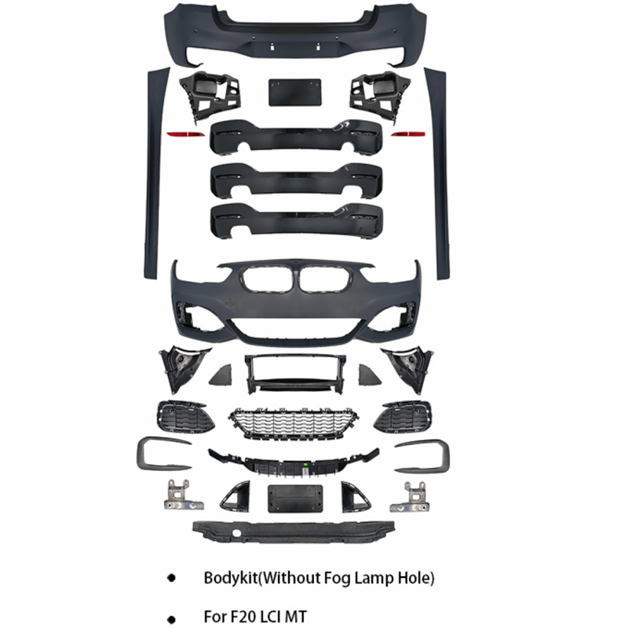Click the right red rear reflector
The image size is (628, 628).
(x=406, y=134)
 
